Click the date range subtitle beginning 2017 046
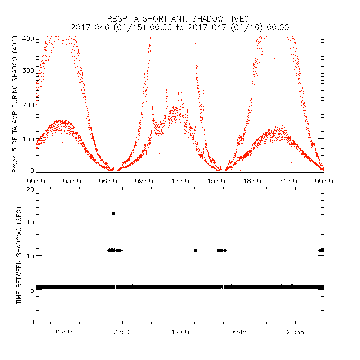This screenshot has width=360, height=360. tap(180, 27)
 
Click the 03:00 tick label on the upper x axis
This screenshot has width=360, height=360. tap(72, 181)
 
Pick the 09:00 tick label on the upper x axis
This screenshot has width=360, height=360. tap(144, 181)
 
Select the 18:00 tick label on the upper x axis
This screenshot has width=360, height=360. tap(252, 181)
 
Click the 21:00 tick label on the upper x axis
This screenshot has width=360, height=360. tap(288, 181)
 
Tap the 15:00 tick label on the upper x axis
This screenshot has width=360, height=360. tap(216, 181)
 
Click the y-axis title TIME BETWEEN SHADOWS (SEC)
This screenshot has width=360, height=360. tap(19, 256)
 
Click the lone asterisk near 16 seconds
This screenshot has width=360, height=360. tap(113, 214)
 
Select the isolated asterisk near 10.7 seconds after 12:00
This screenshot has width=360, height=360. tap(195, 250)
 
